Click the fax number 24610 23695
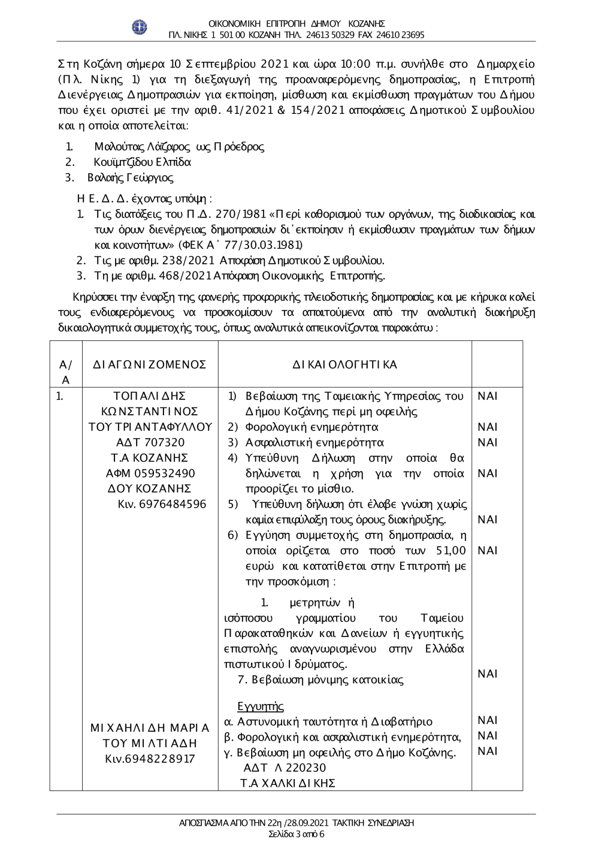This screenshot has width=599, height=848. click(x=401, y=35)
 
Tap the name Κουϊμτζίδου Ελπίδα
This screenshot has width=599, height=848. click(x=143, y=162)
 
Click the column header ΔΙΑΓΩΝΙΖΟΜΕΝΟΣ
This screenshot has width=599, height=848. click(x=150, y=364)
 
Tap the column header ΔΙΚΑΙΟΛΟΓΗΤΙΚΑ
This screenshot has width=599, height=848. click(x=345, y=364)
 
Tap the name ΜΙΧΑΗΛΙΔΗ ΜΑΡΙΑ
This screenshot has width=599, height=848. click(x=150, y=729)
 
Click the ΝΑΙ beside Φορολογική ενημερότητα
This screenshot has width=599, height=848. click(x=488, y=427)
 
